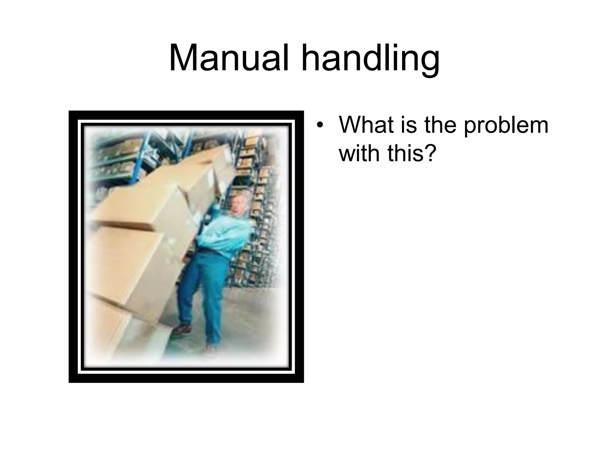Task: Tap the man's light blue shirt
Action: point(226,235)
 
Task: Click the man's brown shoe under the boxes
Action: point(182,328)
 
